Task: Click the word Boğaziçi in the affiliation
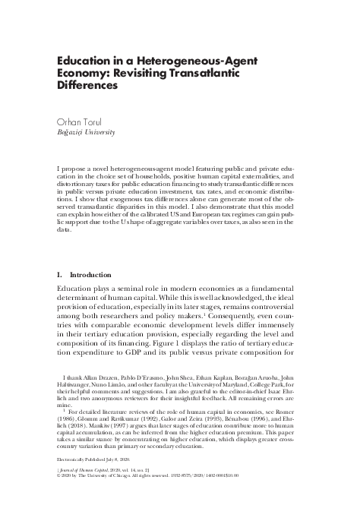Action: (72, 131)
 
